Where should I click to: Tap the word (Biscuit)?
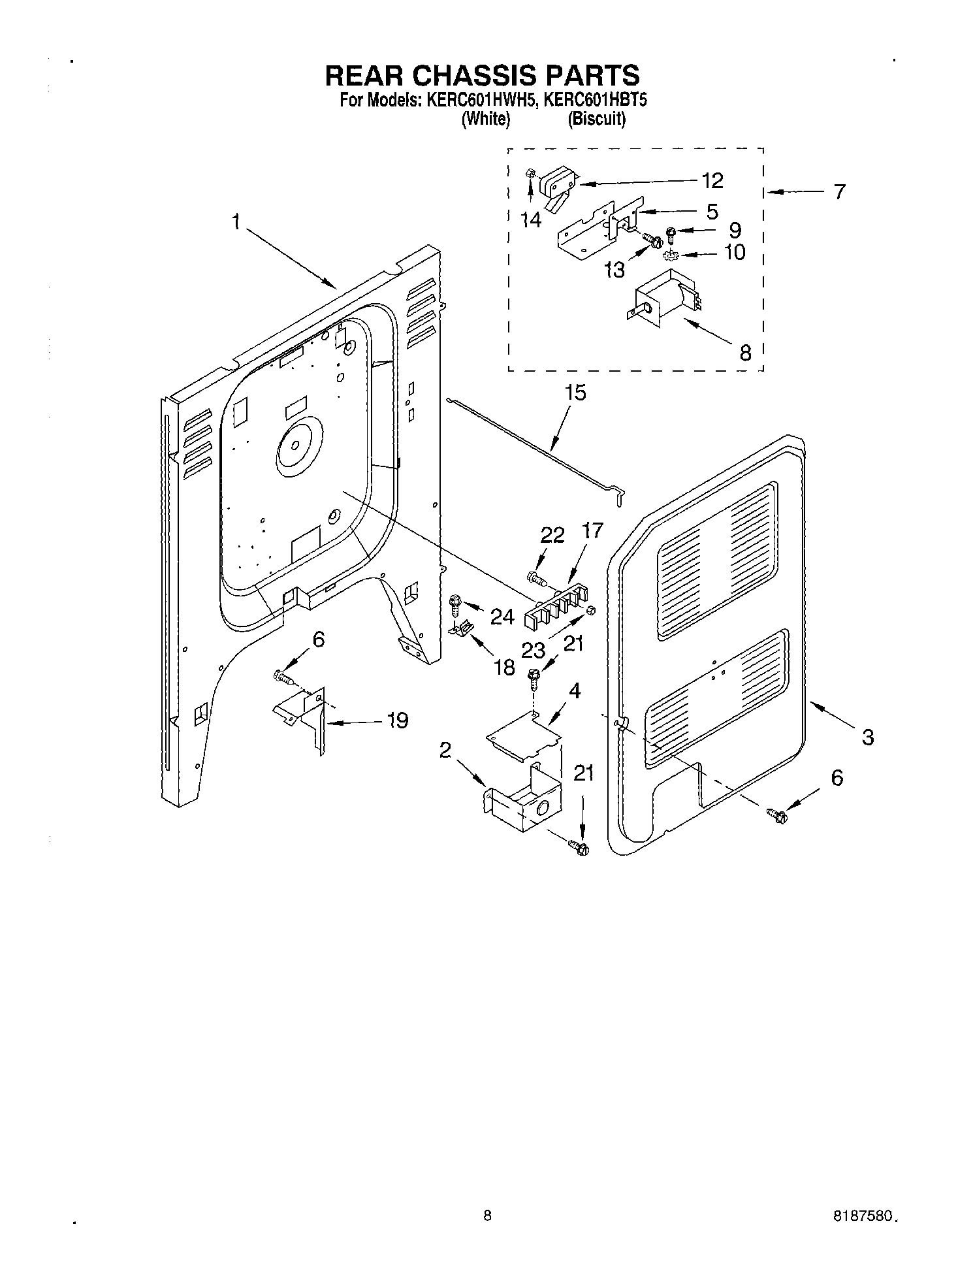click(x=596, y=120)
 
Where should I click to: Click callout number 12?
click(x=712, y=180)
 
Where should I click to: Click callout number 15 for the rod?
click(x=575, y=393)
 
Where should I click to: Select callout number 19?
click(x=396, y=720)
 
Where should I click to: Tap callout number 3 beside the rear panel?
click(x=867, y=737)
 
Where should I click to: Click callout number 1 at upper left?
click(x=235, y=223)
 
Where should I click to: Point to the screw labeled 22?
click(x=535, y=577)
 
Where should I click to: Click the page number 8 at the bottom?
click(x=487, y=1216)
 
